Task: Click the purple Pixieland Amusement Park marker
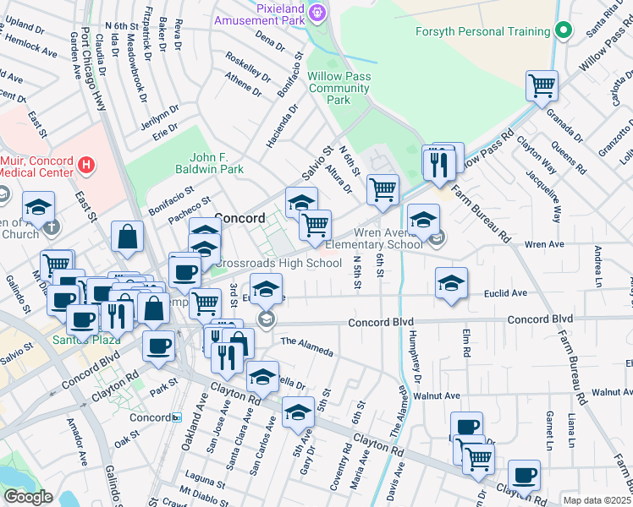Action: pos(317,12)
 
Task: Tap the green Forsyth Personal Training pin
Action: pos(566,32)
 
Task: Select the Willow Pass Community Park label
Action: pos(339,88)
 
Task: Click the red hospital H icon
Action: pos(85,165)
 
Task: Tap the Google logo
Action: pos(28,497)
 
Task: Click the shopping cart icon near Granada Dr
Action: pos(542,85)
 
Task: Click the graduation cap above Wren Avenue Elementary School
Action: pos(423,219)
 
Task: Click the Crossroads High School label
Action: pos(277,263)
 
